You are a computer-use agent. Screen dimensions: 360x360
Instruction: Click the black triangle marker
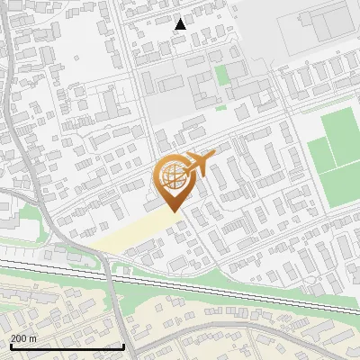pos(181,24)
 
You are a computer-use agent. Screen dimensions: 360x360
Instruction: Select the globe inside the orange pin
pos(174,178)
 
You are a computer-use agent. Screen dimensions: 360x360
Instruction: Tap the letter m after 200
pos(33,338)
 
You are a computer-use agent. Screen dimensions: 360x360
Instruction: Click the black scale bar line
pos(67,346)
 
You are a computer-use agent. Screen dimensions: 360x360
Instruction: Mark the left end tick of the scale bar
pos(10,345)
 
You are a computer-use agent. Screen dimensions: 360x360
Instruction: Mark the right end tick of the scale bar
pos(123,345)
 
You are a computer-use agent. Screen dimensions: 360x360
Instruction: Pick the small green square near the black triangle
pos(221,76)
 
